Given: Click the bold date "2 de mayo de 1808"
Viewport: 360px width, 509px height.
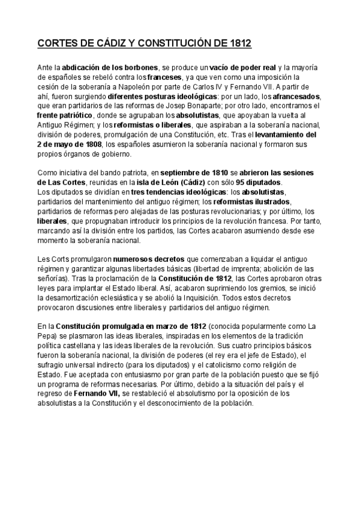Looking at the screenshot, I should point(69,144).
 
